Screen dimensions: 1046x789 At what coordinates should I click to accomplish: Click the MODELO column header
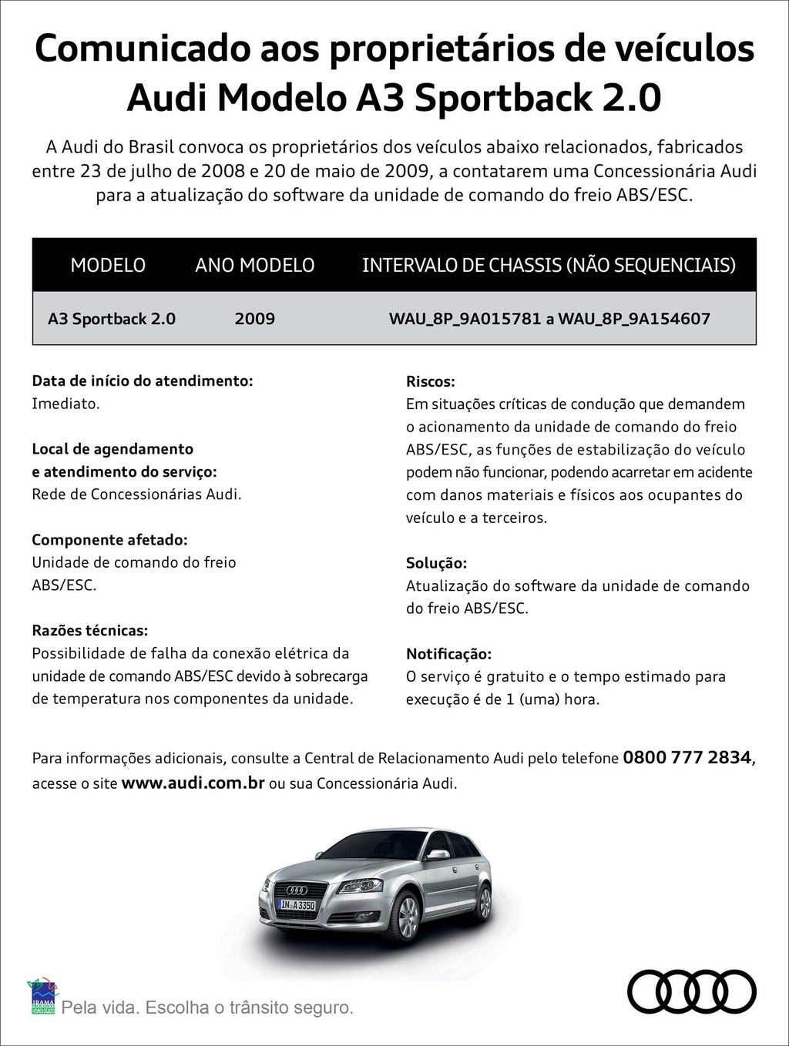(108, 265)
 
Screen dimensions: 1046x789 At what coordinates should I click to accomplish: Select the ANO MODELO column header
(254, 265)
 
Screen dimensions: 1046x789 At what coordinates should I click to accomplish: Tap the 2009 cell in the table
(254, 319)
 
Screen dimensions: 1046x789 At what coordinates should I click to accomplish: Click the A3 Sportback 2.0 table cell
(112, 319)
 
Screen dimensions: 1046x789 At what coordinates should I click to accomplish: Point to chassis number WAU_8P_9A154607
(634, 319)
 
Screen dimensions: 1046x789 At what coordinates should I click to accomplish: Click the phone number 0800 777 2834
(687, 757)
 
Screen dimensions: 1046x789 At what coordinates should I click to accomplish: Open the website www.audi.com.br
(193, 783)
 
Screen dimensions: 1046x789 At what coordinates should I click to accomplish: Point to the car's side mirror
(438, 854)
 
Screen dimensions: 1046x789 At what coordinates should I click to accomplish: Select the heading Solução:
(436, 563)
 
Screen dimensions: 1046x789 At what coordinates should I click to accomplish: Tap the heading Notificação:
(448, 654)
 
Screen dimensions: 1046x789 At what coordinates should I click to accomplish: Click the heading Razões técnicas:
(89, 631)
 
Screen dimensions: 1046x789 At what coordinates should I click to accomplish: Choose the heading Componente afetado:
(109, 540)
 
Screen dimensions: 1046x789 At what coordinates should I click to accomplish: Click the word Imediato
(65, 404)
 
